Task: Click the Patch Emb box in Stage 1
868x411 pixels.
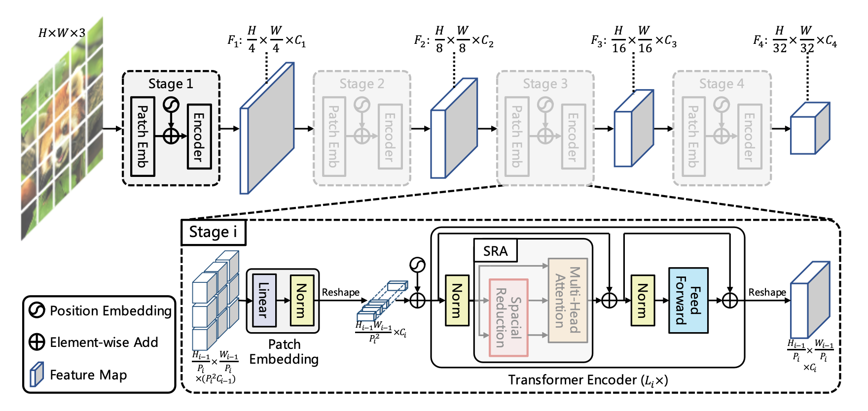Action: click(143, 137)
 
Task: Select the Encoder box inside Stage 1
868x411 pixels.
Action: click(199, 137)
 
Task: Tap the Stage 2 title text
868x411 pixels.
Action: click(362, 84)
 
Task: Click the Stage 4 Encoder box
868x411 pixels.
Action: click(750, 137)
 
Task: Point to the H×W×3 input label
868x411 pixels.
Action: click(62, 33)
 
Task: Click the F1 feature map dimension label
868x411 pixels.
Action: click(267, 39)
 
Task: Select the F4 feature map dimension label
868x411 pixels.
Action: click(795, 39)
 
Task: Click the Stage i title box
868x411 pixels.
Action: click(214, 232)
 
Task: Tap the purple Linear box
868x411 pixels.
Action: click(264, 300)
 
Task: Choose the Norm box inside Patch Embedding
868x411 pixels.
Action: click(302, 300)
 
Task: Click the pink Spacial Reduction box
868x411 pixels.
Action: click(508, 317)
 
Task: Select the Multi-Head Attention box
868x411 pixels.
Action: click(568, 300)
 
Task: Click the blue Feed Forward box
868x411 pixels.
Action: click(688, 300)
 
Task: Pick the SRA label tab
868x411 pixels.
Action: click(495, 251)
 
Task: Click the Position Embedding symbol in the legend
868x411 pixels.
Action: click(37, 310)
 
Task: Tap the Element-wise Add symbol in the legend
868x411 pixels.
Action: click(37, 342)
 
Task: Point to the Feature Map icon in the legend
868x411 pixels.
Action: click(37, 375)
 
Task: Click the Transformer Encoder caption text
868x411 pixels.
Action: click(588, 380)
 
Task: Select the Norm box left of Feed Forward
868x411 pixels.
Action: click(643, 300)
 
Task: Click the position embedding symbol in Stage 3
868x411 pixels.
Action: click(545, 105)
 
